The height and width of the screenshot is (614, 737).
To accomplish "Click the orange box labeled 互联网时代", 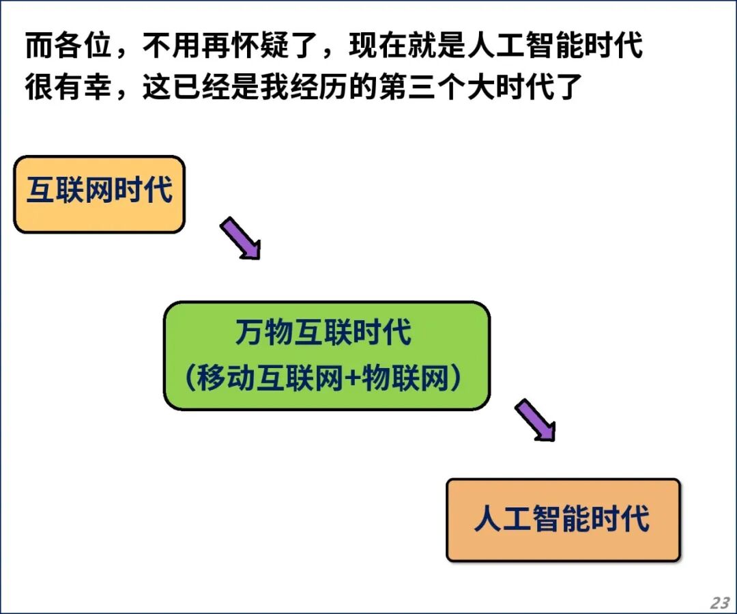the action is click(x=99, y=195).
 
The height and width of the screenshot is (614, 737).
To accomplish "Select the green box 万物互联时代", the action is click(x=327, y=356).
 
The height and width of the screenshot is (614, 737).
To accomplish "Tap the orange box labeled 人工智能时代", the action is click(x=563, y=520).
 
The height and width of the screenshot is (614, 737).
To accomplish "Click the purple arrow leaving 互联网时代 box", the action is click(x=240, y=238).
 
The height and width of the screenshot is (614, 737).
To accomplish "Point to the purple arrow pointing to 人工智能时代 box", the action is click(x=535, y=420).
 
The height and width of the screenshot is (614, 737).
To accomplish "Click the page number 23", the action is click(x=720, y=602).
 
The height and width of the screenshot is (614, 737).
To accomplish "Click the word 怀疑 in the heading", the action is click(x=260, y=46).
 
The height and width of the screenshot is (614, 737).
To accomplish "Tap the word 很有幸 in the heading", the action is click(x=69, y=87).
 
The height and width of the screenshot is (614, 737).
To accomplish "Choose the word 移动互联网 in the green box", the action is click(x=270, y=378).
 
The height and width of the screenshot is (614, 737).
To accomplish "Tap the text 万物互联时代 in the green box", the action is click(x=323, y=332).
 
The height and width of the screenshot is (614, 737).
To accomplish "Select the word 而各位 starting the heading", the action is click(x=69, y=46).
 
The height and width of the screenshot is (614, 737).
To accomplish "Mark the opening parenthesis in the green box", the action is click(x=190, y=378).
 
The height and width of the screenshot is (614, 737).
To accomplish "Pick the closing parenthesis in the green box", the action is click(x=455, y=378).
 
